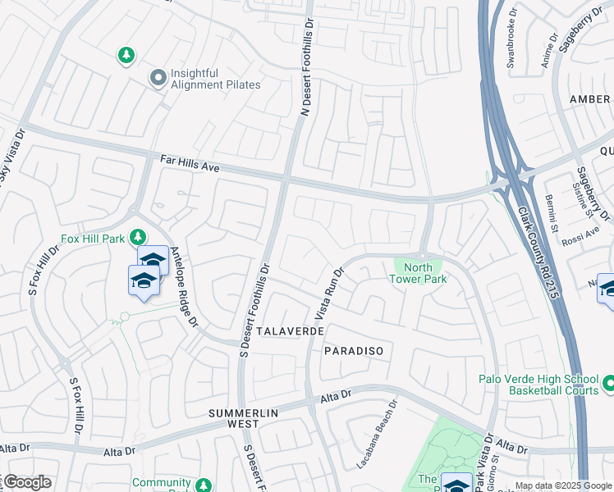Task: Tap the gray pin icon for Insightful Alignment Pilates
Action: coord(157,79)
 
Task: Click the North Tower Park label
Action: coord(419,273)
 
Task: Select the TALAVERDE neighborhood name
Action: coord(290,330)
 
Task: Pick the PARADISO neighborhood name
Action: coord(353,350)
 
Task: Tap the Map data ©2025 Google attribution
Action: coord(563,485)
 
